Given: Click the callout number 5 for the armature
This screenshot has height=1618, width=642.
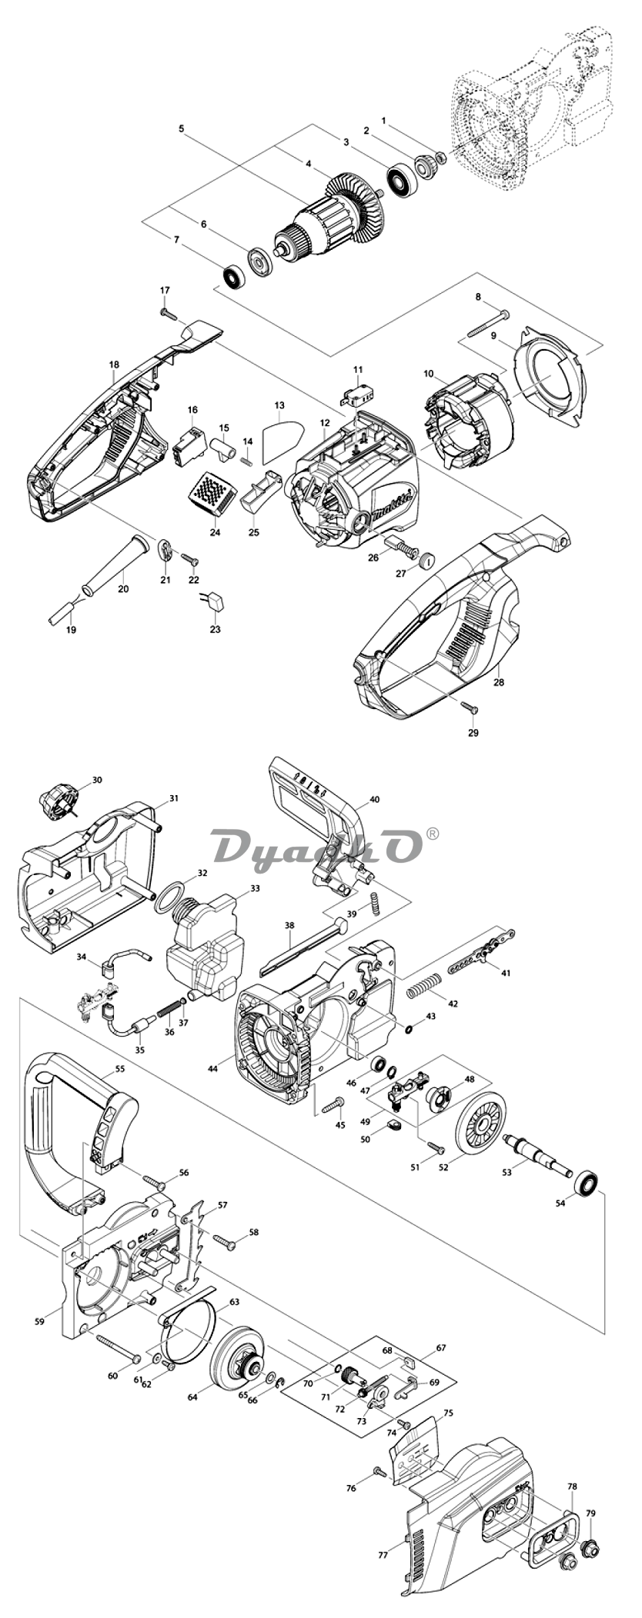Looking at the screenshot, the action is [x=182, y=128].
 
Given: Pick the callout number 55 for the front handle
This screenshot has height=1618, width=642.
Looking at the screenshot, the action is [x=119, y=1069].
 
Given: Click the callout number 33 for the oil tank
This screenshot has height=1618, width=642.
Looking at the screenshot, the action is [x=255, y=888].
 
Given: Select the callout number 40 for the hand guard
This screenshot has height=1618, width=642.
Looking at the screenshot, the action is [x=375, y=799].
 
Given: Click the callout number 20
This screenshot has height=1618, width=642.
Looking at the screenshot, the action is [x=123, y=589].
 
